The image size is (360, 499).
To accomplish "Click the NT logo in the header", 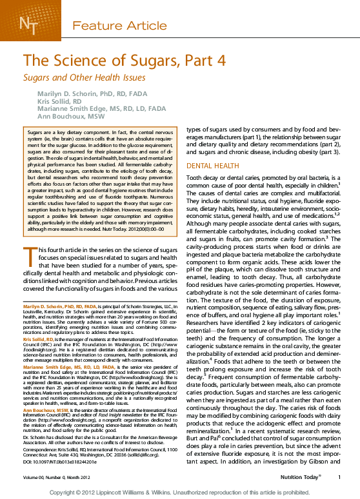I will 28,25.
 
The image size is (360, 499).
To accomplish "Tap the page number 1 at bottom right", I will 339,477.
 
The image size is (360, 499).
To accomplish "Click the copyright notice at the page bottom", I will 180,492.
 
